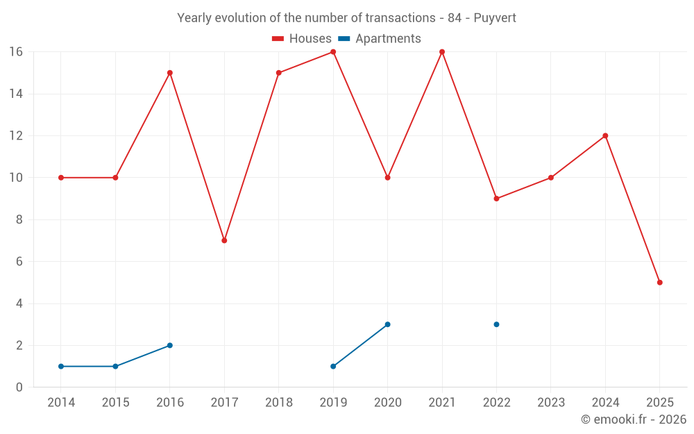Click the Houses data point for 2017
pos(224,240)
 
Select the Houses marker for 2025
pos(659,283)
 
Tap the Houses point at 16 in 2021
pos(442,52)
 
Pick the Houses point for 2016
pos(170,73)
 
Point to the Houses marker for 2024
pos(605,136)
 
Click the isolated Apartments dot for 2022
pos(496,324)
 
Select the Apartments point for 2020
pos(387,324)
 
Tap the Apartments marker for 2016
pos(170,345)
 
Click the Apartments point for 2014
pos(61,366)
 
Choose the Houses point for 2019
pos(333,52)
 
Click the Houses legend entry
pos(302,39)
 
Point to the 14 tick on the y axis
pos(16,94)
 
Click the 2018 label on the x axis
pos(279,403)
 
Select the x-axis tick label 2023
pos(551,403)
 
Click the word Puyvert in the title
pos(495,18)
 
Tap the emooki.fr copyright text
pos(634,419)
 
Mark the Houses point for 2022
pos(496,199)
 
